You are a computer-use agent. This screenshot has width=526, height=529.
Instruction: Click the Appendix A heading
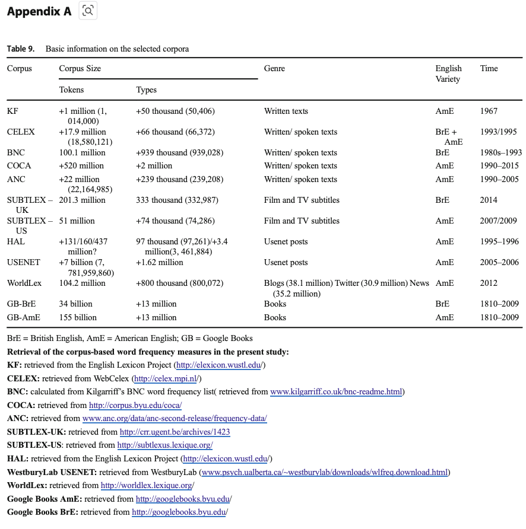point(39,11)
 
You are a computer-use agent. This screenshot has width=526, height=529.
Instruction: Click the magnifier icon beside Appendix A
point(88,11)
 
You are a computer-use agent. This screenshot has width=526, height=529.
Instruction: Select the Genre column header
point(274,69)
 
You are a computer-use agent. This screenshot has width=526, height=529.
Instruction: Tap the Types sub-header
point(146,90)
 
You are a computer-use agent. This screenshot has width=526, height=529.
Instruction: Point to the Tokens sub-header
point(71,90)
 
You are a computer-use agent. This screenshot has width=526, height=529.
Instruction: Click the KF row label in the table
point(12,111)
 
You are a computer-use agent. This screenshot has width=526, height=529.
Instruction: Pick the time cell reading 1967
point(489,111)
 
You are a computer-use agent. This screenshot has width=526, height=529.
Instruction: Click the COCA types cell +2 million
point(154,166)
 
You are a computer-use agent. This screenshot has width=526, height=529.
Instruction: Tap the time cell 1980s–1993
point(500,153)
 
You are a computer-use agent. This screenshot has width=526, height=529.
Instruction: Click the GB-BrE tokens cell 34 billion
point(76,304)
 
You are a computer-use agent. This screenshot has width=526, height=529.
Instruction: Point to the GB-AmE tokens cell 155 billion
point(78,318)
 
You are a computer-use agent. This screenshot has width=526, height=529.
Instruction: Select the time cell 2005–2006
point(499,263)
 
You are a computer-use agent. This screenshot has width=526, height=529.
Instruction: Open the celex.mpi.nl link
point(167,378)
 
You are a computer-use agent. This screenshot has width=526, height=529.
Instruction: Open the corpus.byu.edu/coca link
point(135,406)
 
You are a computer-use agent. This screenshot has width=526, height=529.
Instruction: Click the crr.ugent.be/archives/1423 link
point(175,432)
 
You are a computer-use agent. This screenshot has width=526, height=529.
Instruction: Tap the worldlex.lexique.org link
point(147,486)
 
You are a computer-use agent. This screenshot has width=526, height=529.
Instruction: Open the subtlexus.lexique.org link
point(164,445)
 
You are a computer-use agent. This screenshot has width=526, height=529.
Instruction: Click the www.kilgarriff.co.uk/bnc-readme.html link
point(337,392)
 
